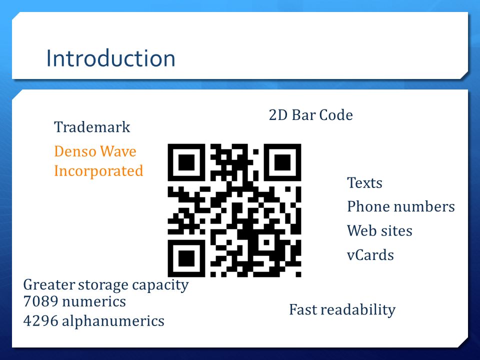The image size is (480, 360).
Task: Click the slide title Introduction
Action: (x=110, y=58)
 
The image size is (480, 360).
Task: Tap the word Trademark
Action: (x=92, y=127)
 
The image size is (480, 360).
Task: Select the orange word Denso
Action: (x=75, y=151)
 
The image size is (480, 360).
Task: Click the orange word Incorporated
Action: (x=98, y=171)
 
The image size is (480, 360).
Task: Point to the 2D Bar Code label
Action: (x=310, y=115)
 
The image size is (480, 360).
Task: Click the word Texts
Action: (x=364, y=183)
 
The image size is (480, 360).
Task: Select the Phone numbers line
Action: (x=400, y=206)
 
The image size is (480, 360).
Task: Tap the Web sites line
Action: (x=379, y=231)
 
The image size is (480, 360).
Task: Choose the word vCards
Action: (x=370, y=255)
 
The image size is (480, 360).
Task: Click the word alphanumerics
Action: (x=113, y=321)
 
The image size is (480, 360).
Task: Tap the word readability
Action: (x=360, y=310)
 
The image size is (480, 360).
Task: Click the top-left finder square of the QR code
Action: (x=186, y=162)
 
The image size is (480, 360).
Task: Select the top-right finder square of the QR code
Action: (x=282, y=162)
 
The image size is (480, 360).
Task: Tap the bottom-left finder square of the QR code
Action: (x=186, y=258)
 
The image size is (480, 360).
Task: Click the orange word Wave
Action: (x=118, y=151)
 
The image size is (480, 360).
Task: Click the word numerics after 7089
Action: (x=93, y=301)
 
